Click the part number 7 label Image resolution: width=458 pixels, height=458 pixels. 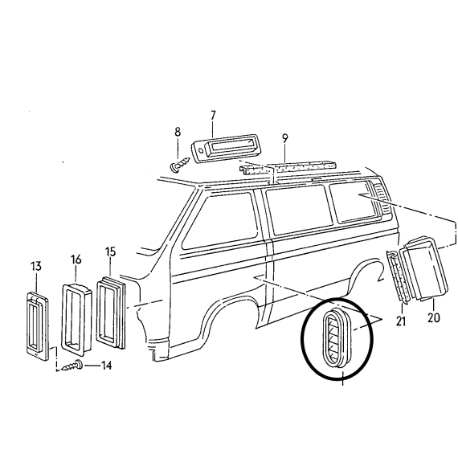click(213, 116)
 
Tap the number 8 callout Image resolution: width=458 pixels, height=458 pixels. click(178, 132)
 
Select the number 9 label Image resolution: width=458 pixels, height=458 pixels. click(285, 139)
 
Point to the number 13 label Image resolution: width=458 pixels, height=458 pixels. click(36, 266)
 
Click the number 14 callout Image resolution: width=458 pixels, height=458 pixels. click(106, 366)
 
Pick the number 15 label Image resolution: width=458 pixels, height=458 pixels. click(110, 251)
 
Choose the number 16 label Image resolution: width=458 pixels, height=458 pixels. click(76, 260)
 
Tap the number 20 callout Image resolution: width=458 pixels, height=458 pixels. click(433, 317)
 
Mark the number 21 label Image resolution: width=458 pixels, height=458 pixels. click(401, 321)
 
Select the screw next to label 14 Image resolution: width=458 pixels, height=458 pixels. click(72, 366)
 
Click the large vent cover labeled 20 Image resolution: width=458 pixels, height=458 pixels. click(424, 268)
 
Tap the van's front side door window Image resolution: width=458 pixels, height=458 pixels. click(220, 222)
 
